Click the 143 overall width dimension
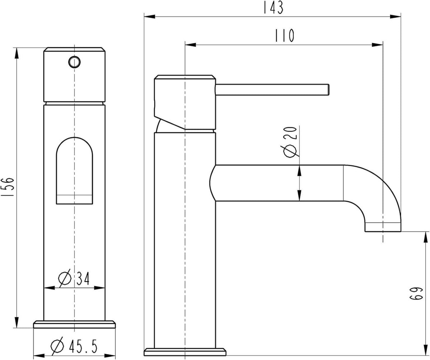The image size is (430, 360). [x=274, y=8]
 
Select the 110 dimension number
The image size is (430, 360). [x=285, y=35]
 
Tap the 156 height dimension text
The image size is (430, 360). [x=8, y=187]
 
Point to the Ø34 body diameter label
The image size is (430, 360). [x=74, y=278]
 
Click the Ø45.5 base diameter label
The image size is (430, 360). [x=74, y=346]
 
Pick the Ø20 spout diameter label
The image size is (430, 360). [x=290, y=142]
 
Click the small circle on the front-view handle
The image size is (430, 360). [x=74, y=62]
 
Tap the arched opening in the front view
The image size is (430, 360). [x=75, y=171]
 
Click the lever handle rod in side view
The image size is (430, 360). [x=272, y=90]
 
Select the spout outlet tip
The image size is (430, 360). [x=383, y=227]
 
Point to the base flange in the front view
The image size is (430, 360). [x=74, y=324]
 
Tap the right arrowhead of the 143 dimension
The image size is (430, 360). [x=395, y=16]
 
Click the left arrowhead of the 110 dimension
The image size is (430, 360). [x=191, y=45]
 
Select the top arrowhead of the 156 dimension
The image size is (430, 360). [x=16, y=53]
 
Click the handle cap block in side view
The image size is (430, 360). [x=185, y=102]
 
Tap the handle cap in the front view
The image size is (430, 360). [x=74, y=75]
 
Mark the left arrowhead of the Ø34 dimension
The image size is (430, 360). [x=49, y=288]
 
